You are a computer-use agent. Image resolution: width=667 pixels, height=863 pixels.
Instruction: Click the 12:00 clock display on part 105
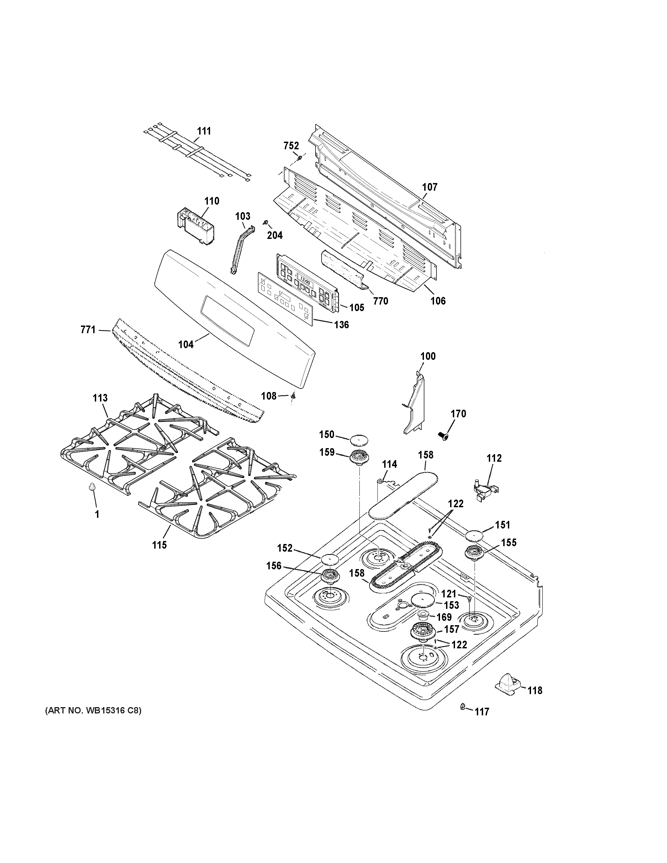pos(305,283)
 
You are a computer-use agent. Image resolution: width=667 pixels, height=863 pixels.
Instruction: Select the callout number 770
pos(381,301)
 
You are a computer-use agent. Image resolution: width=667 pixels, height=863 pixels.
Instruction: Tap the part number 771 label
pos(88,330)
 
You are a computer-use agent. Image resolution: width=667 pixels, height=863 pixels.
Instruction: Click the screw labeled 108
pos(293,396)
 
